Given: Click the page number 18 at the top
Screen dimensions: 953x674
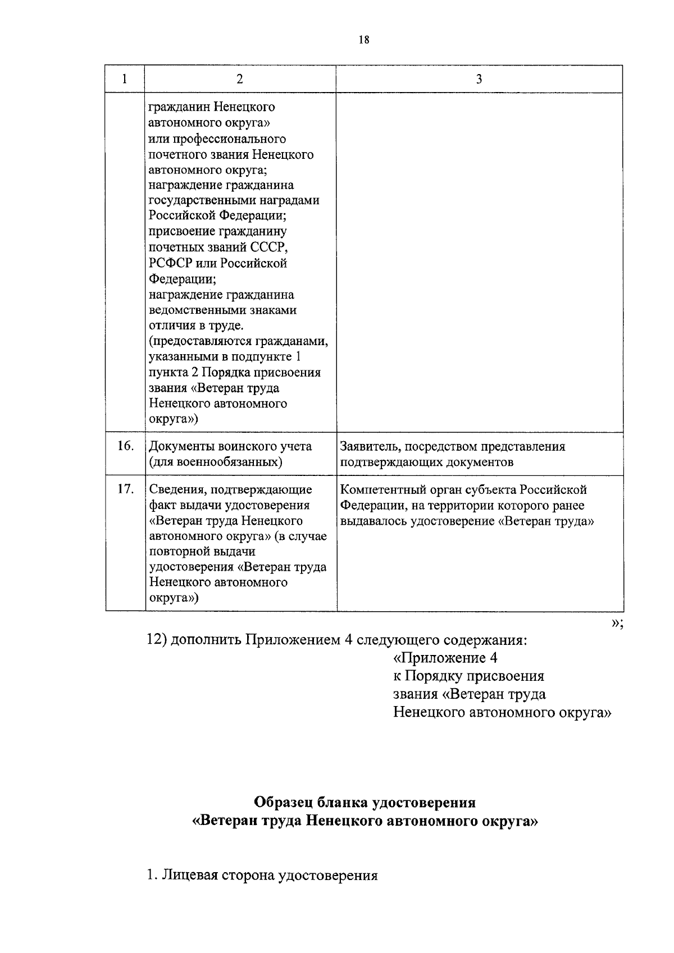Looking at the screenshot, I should click(363, 40).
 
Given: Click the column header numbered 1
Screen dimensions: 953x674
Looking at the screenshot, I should click(125, 79).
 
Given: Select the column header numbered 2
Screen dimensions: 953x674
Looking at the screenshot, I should click(240, 79).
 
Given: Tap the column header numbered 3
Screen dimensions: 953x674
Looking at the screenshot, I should click(479, 79).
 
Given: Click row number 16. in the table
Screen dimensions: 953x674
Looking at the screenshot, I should click(125, 446).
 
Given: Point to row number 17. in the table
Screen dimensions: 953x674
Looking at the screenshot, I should click(125, 489).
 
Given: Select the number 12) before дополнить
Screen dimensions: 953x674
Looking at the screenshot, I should click(156, 640).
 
